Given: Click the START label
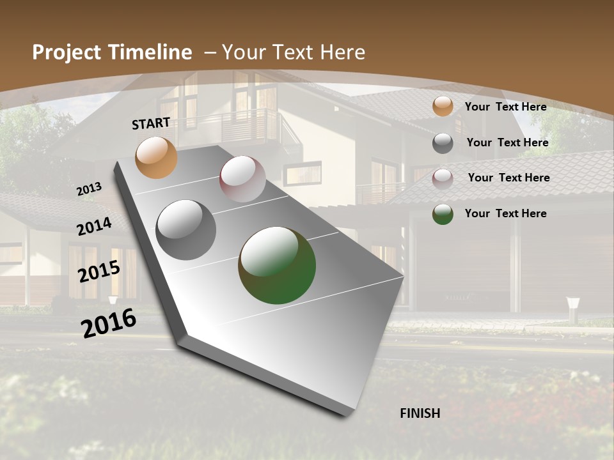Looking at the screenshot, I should point(151,123).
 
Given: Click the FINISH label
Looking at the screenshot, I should point(420,413).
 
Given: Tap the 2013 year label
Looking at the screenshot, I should point(90,189).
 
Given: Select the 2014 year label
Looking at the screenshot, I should point(95,226).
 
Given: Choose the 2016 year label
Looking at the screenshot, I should point(109,323).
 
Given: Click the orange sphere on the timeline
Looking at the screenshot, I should point(156,157).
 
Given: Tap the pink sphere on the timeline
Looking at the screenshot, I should point(242,179).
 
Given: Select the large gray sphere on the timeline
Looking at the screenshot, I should point(186,229).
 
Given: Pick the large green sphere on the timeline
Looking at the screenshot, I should point(277,265).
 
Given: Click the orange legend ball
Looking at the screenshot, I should point(443,107).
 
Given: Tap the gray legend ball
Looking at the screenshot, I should point(443,143).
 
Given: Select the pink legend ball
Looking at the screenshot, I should point(443,178).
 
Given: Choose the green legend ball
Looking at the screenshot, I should point(443,214).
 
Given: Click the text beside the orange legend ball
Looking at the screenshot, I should point(505,107).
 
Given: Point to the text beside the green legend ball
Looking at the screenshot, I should point(505,213).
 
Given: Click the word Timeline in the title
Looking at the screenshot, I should point(150,52).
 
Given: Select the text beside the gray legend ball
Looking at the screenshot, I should point(507,142).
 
